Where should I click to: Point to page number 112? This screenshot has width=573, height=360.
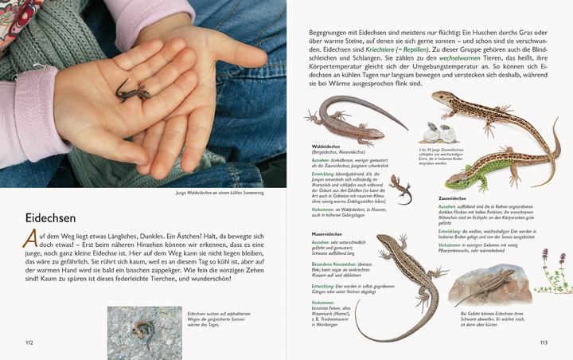tap(29, 342)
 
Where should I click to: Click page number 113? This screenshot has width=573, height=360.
tap(543, 343)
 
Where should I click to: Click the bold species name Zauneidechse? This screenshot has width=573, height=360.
tap(453, 198)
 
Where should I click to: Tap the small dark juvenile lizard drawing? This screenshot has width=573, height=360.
tap(402, 189)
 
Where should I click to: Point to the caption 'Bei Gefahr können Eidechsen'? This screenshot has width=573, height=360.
tap(489, 314)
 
